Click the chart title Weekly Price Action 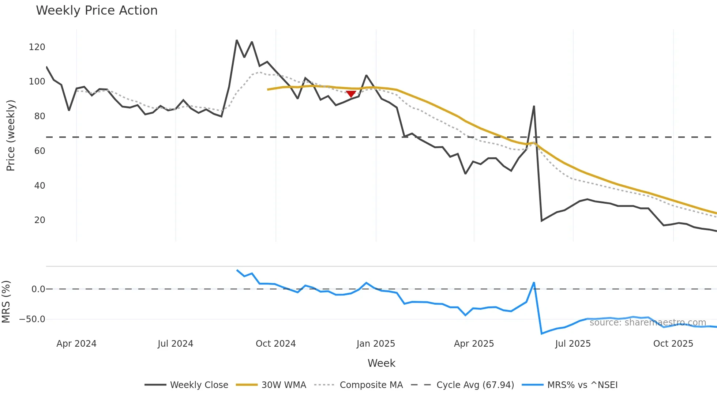tap(97, 11)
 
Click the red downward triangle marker tap(351, 94)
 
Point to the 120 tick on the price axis tap(37, 47)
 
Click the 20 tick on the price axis tap(40, 220)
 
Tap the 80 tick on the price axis tap(40, 116)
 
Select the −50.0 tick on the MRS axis tap(32, 319)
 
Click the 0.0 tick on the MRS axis tap(38, 289)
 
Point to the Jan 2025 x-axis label tap(376, 344)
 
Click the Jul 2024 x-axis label tap(175, 344)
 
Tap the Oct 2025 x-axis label tap(673, 344)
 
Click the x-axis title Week tap(381, 363)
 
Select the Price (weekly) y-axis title tap(11, 135)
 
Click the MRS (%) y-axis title tap(6, 302)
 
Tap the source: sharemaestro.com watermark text tap(647, 323)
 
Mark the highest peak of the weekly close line tap(237, 40)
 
